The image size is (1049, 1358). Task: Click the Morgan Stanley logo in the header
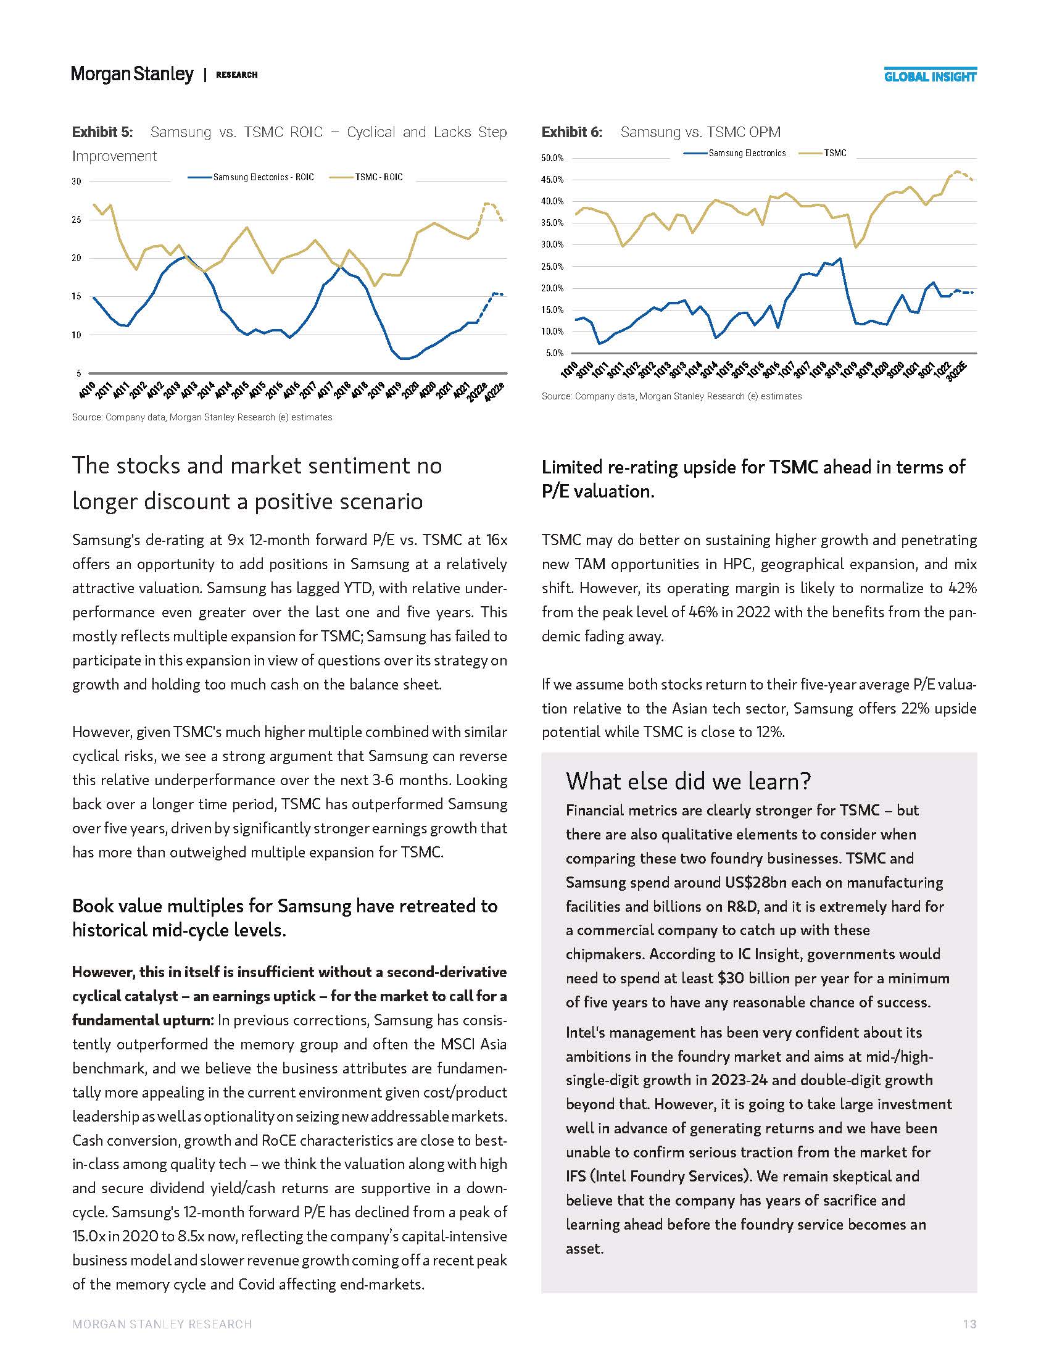(132, 74)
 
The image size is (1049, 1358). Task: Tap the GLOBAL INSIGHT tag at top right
(930, 77)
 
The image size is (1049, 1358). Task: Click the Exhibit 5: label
(102, 132)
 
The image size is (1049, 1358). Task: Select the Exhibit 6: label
(571, 132)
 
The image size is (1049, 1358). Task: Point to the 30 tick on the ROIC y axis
(76, 181)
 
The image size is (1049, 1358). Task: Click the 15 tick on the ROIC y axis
(76, 296)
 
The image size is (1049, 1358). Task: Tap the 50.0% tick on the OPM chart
(552, 158)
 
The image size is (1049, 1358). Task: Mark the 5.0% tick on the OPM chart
(554, 353)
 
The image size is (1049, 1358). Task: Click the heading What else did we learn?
(688, 781)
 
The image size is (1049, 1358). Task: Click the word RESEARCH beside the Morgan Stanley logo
(236, 75)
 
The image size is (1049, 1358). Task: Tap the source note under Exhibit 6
(671, 396)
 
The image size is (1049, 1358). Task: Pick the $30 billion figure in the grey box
(753, 978)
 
